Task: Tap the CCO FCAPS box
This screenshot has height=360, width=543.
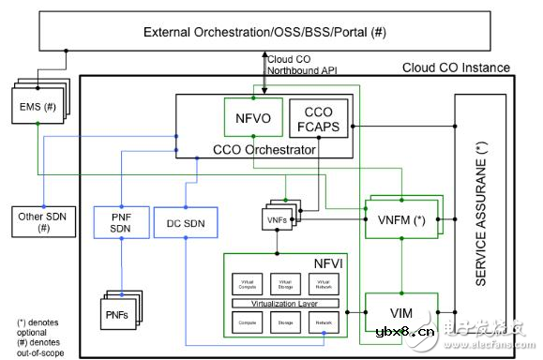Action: tap(318, 119)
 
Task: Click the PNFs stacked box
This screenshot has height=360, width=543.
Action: tap(122, 310)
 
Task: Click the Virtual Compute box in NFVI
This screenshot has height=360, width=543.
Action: tap(248, 282)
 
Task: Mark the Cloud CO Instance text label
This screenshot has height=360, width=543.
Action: tap(455, 67)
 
